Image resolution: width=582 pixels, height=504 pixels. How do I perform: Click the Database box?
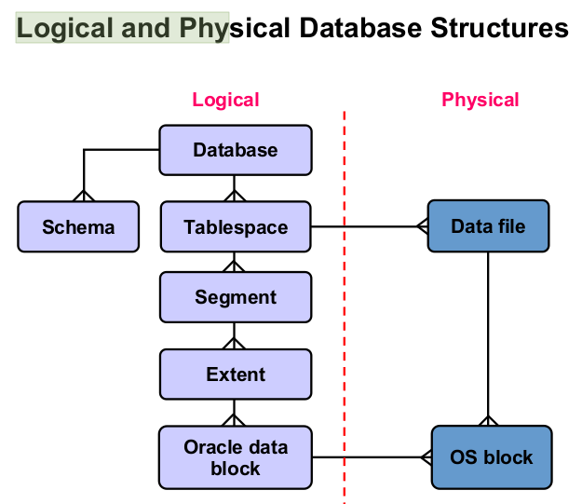point(235,150)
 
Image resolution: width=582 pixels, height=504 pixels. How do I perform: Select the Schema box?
point(78,226)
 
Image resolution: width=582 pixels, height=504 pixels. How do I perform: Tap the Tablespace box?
point(235,227)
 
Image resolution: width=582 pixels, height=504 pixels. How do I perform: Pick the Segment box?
point(235,297)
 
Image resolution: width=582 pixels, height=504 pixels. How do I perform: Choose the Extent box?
point(235,375)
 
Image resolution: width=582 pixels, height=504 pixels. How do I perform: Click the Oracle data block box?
point(235,457)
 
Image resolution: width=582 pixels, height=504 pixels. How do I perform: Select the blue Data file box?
point(488,226)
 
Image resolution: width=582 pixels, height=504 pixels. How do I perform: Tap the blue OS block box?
point(491,457)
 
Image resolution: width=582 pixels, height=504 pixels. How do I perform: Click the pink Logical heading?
point(225,100)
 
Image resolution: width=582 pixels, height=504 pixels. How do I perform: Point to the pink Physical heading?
point(480,100)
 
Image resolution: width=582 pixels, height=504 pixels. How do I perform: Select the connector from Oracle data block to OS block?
point(372,457)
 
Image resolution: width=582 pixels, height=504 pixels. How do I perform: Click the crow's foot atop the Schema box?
point(84,195)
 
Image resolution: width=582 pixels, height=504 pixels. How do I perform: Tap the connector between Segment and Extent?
point(235,335)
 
